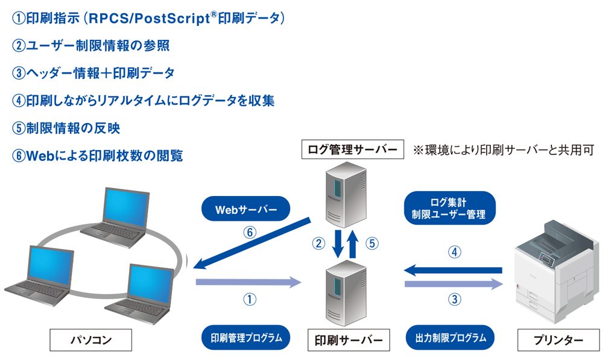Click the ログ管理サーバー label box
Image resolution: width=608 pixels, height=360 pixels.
click(x=352, y=148)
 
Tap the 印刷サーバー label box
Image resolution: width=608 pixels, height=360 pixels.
click(x=349, y=340)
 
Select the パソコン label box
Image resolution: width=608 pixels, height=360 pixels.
click(x=90, y=340)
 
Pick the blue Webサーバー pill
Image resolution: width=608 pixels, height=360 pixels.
click(x=245, y=209)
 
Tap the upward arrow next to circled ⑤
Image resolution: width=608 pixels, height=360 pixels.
click(x=354, y=244)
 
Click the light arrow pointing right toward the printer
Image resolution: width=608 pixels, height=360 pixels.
click(x=453, y=283)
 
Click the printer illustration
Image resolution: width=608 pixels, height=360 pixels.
click(x=555, y=277)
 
